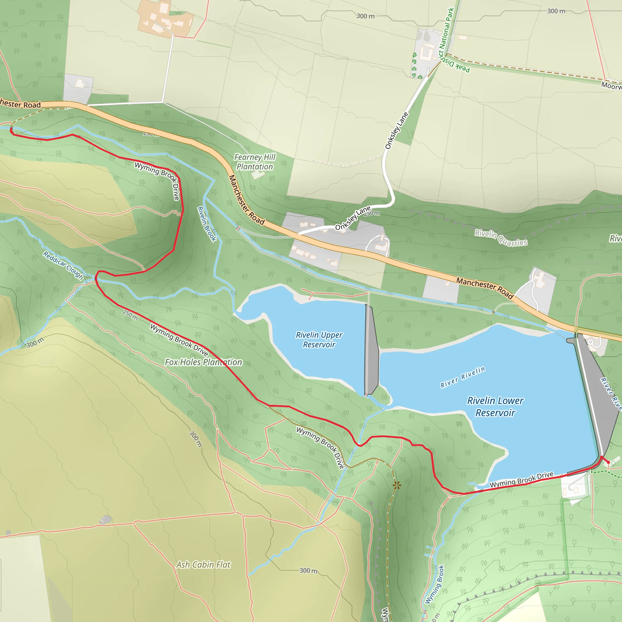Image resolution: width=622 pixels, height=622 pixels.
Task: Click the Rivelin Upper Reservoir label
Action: click(319, 340)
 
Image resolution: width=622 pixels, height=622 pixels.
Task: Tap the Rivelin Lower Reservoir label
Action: click(495, 407)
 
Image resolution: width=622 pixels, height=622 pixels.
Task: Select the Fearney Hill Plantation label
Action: click(255, 162)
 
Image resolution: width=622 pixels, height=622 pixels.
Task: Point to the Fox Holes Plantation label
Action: click(203, 362)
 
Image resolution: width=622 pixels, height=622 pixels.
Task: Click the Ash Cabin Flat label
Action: click(203, 565)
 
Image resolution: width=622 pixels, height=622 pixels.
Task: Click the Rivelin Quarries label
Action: click(501, 237)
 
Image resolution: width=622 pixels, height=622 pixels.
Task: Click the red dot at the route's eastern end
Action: click(608, 462)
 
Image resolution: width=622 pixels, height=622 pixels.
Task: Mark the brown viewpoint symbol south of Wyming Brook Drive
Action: click(397, 485)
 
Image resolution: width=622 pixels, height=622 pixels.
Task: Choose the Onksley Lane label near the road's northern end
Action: click(397, 131)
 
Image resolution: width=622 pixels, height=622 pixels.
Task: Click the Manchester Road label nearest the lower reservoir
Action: click(484, 288)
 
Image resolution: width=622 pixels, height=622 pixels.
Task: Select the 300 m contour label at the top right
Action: click(556, 11)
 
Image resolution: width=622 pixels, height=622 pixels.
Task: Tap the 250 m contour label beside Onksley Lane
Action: click(372, 213)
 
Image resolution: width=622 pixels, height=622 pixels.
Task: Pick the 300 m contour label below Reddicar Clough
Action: click(35, 343)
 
